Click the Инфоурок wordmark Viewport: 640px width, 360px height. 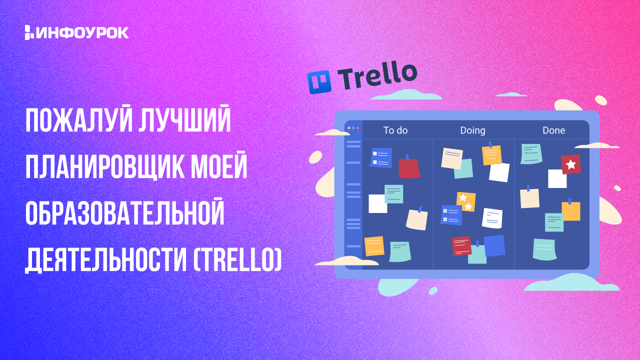point(76,32)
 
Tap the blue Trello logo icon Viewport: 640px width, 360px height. point(319,82)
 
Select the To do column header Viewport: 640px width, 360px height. point(395,130)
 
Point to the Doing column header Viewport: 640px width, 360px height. point(472,131)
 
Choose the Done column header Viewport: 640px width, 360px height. point(553,130)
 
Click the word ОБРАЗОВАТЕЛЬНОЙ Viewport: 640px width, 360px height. point(124,213)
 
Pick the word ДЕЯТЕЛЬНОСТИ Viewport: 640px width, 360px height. point(106,261)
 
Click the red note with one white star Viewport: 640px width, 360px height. point(571,164)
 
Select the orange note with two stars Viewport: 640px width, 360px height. point(466,201)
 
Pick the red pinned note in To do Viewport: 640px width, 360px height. point(409,168)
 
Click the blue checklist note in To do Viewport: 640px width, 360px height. point(380,157)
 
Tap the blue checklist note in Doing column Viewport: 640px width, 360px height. point(451,215)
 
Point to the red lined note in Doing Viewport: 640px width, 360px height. point(461,245)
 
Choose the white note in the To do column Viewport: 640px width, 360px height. point(377,203)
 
